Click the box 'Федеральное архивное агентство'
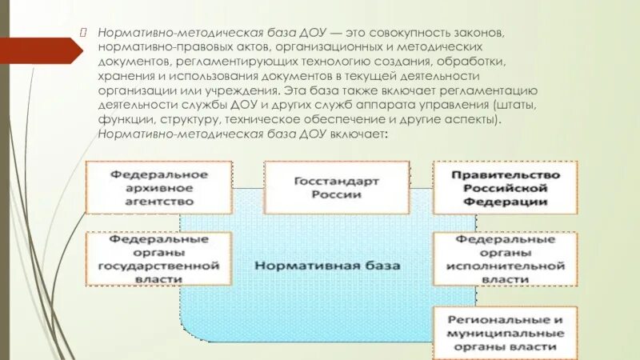pyautogui.click(x=159, y=187)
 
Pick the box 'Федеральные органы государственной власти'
pyautogui.click(x=159, y=259)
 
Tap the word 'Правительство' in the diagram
pyautogui.click(x=504, y=174)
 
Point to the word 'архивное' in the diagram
pyautogui.click(x=159, y=188)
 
